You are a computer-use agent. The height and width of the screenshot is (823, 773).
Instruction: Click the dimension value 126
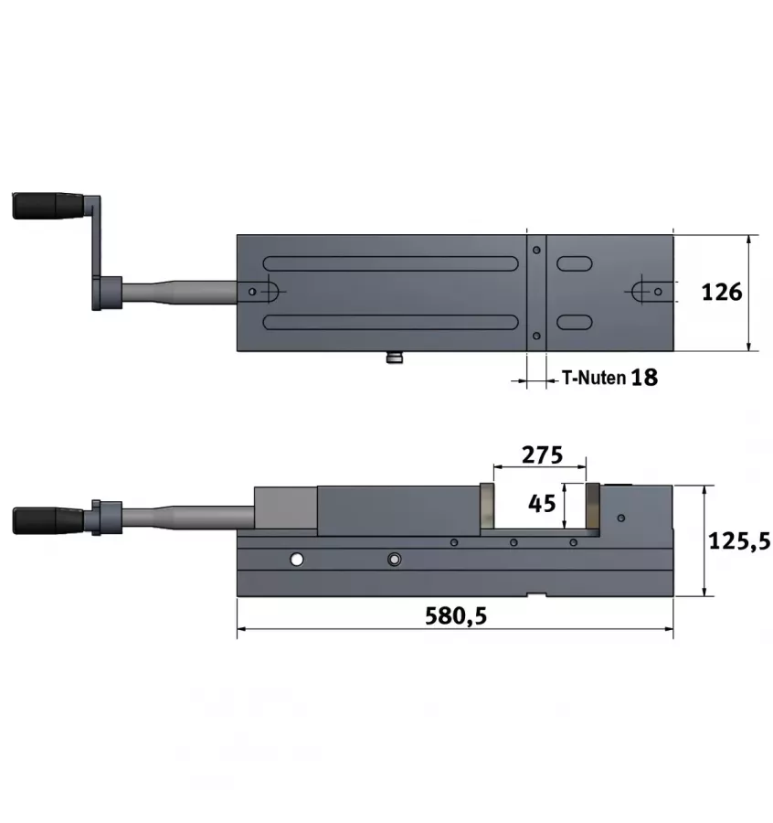coord(722,293)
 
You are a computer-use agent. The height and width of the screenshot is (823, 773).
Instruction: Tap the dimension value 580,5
coord(456,615)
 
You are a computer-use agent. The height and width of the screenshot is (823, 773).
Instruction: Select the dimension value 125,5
coord(739,540)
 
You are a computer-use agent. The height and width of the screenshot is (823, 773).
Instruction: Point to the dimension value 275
coord(542,454)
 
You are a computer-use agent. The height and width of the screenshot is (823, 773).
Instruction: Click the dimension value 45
coord(542,503)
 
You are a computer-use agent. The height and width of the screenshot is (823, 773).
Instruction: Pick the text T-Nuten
coord(594,378)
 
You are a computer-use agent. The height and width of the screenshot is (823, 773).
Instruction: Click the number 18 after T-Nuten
coord(644,378)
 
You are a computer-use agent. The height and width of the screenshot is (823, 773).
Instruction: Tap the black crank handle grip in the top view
coord(48,206)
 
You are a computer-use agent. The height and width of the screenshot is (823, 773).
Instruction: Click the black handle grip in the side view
coord(48,520)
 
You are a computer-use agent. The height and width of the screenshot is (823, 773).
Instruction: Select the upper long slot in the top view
coord(391,263)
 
